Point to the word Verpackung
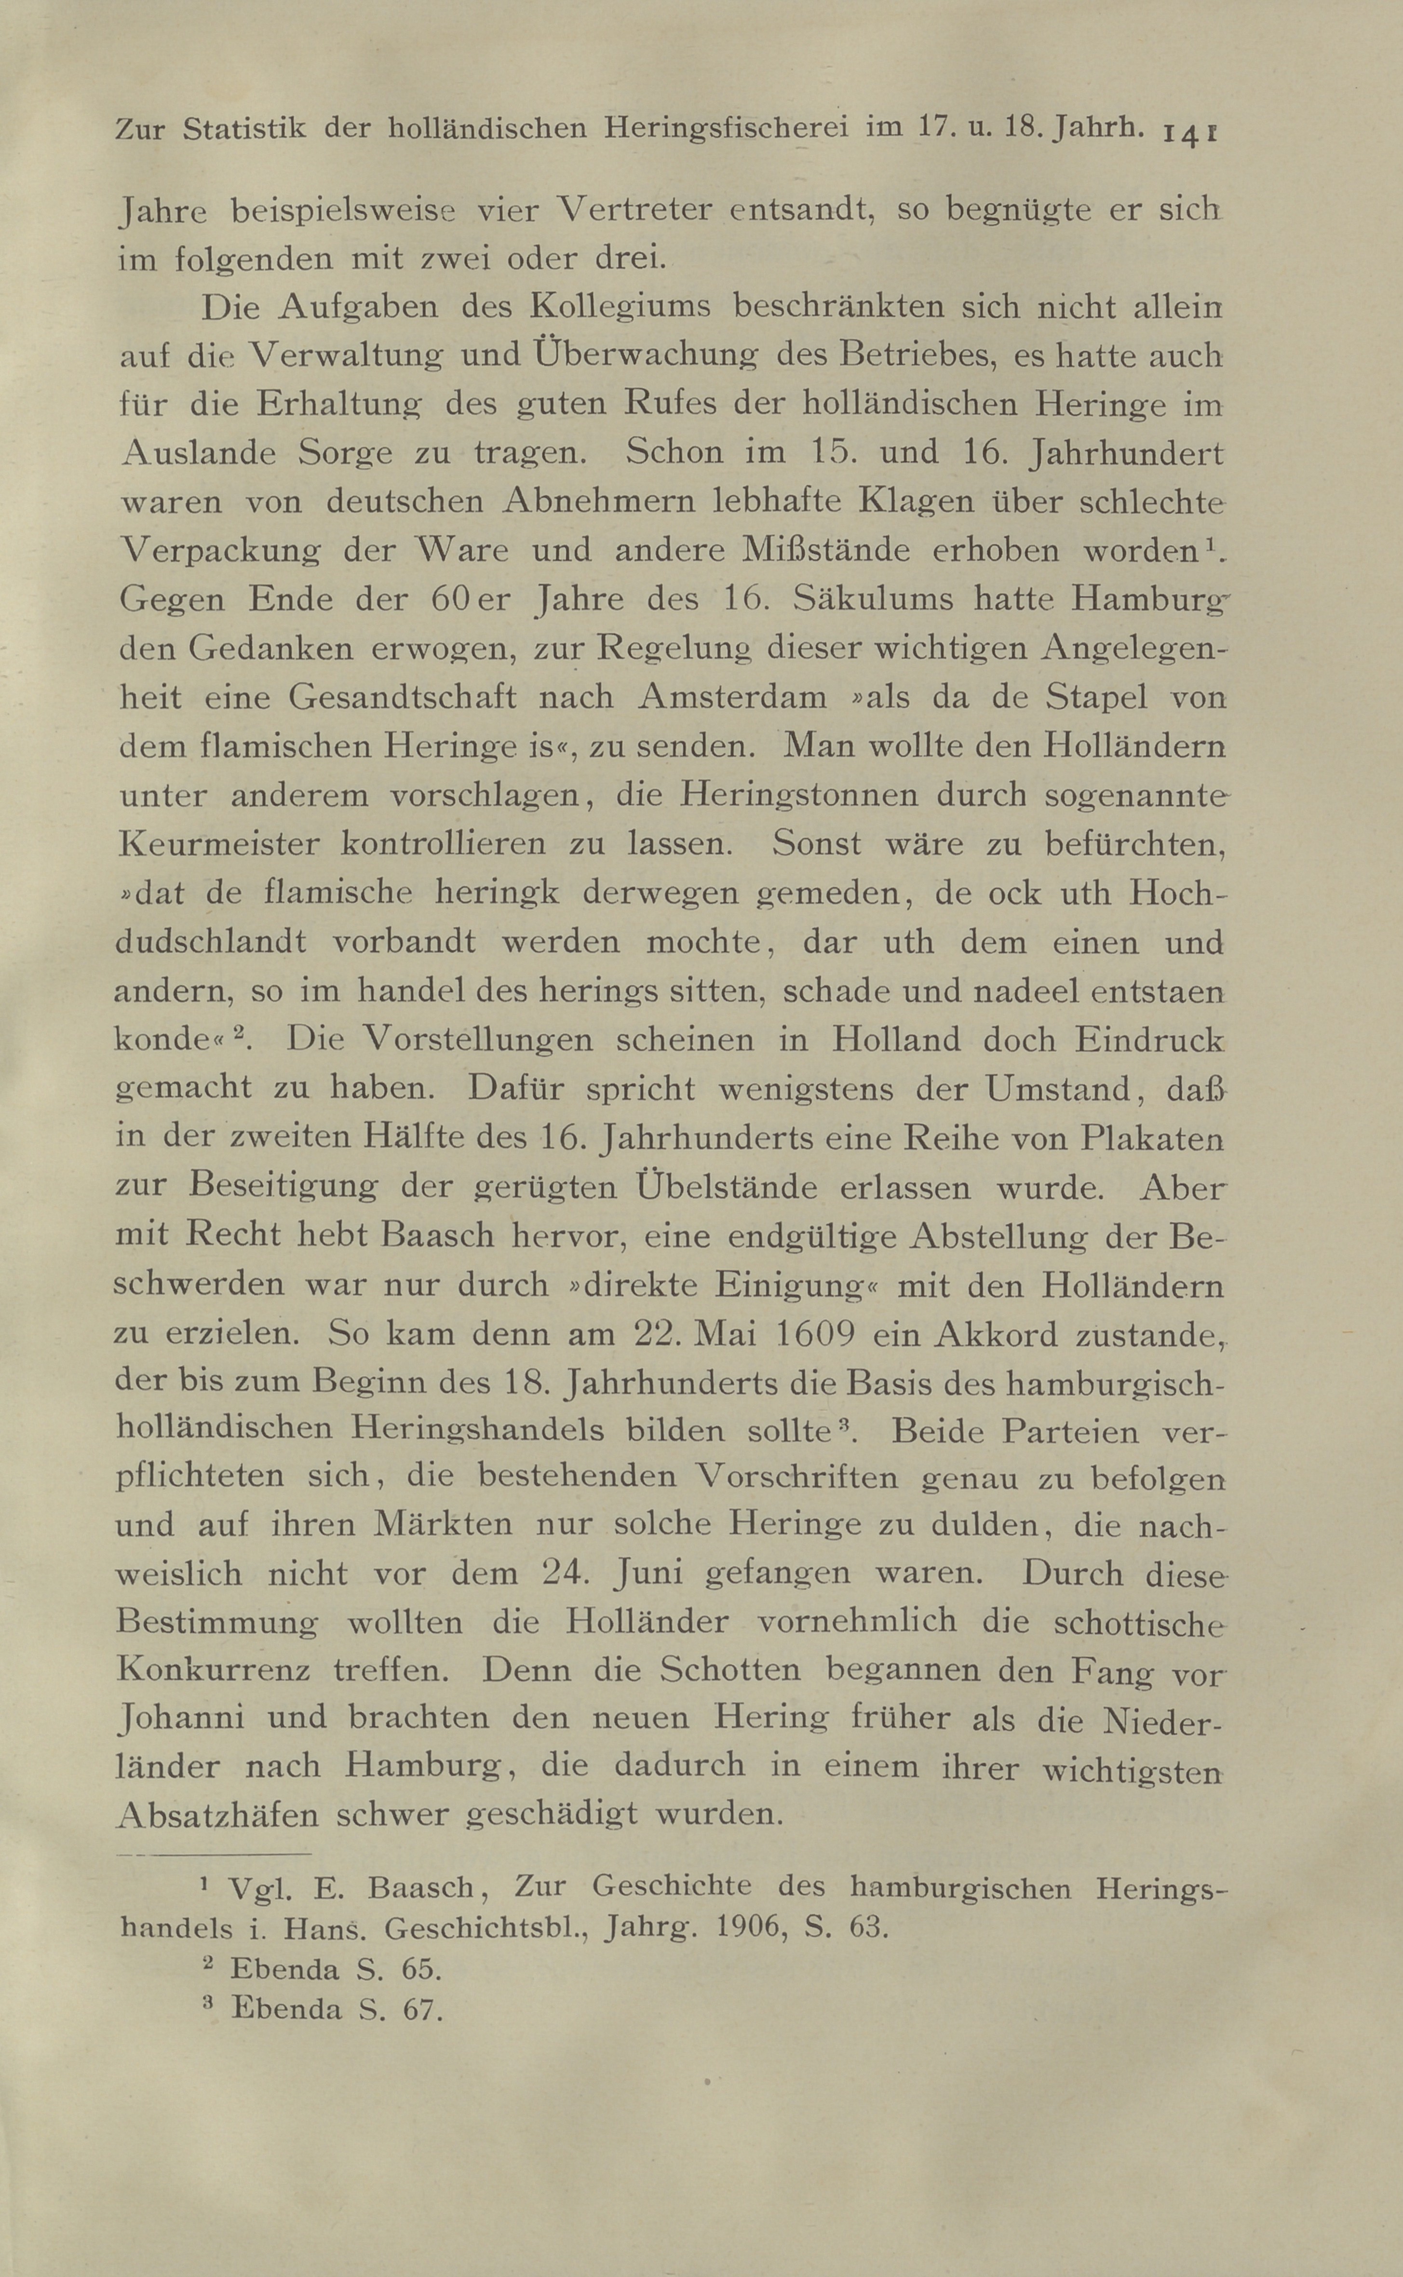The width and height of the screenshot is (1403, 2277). click(221, 550)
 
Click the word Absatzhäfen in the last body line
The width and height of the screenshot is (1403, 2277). click(218, 1814)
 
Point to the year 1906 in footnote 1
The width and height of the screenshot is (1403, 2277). click(745, 1927)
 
